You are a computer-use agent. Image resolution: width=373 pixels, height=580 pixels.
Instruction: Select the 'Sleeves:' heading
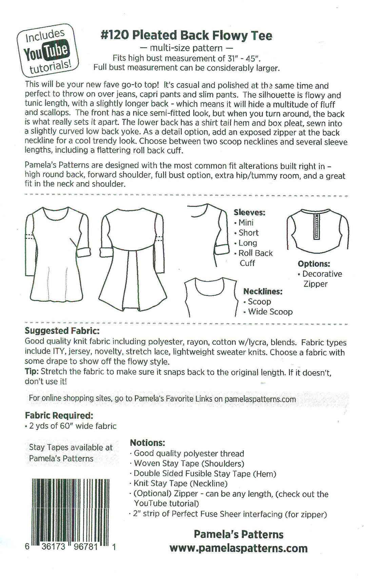pyautogui.click(x=249, y=212)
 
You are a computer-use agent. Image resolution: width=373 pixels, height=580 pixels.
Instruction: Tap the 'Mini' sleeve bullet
pyautogui.click(x=246, y=223)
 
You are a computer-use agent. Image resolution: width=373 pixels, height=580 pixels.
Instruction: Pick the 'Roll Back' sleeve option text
pyautogui.click(x=255, y=253)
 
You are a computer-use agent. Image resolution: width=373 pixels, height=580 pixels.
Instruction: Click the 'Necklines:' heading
pyautogui.click(x=263, y=291)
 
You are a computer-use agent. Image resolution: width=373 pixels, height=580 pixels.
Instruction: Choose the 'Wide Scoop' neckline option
pyautogui.click(x=270, y=312)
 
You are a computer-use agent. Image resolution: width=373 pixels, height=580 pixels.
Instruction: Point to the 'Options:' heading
pyautogui.click(x=314, y=264)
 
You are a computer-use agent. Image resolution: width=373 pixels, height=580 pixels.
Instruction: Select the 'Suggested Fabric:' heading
pyautogui.click(x=62, y=331)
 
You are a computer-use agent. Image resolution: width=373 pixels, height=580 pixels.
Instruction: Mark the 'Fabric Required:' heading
pyautogui.click(x=59, y=415)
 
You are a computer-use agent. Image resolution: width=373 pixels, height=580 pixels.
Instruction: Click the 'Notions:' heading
pyautogui.click(x=148, y=443)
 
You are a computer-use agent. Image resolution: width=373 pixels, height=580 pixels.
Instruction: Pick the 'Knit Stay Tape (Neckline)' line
pyautogui.click(x=180, y=483)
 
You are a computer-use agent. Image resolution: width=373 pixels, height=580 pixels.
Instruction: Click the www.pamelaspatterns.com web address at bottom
pyautogui.click(x=238, y=548)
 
